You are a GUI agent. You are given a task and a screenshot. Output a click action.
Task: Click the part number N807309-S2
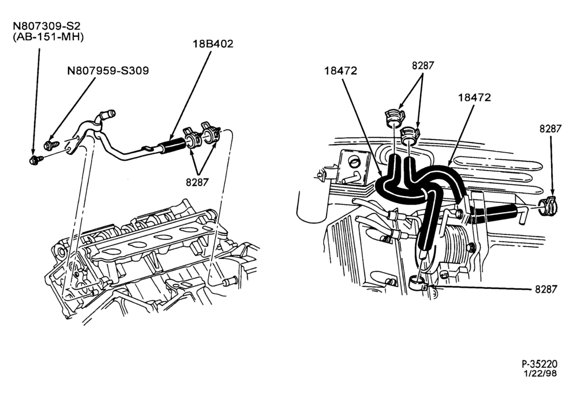[x=46, y=26]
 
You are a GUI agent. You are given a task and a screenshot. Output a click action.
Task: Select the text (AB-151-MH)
[x=48, y=37]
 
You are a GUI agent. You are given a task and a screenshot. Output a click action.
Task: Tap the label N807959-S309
[x=108, y=70]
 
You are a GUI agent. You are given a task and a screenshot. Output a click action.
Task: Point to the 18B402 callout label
[x=213, y=44]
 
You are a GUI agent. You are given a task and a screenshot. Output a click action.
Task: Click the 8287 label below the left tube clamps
[x=197, y=182]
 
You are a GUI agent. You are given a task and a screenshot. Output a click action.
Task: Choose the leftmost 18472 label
[x=341, y=70]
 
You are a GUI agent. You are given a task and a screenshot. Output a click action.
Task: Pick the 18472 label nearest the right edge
[x=475, y=97]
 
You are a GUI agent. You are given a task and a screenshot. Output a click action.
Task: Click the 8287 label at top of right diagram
[x=423, y=66]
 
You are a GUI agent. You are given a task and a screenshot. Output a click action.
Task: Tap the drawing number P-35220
[x=540, y=364]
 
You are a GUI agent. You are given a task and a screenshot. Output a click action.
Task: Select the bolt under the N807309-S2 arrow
[x=36, y=160]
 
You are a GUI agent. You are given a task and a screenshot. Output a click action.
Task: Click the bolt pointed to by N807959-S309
[x=51, y=145]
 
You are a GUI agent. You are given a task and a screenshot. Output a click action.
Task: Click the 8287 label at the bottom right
[x=546, y=289]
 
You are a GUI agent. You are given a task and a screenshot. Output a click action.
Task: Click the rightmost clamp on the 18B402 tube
[x=210, y=133]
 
